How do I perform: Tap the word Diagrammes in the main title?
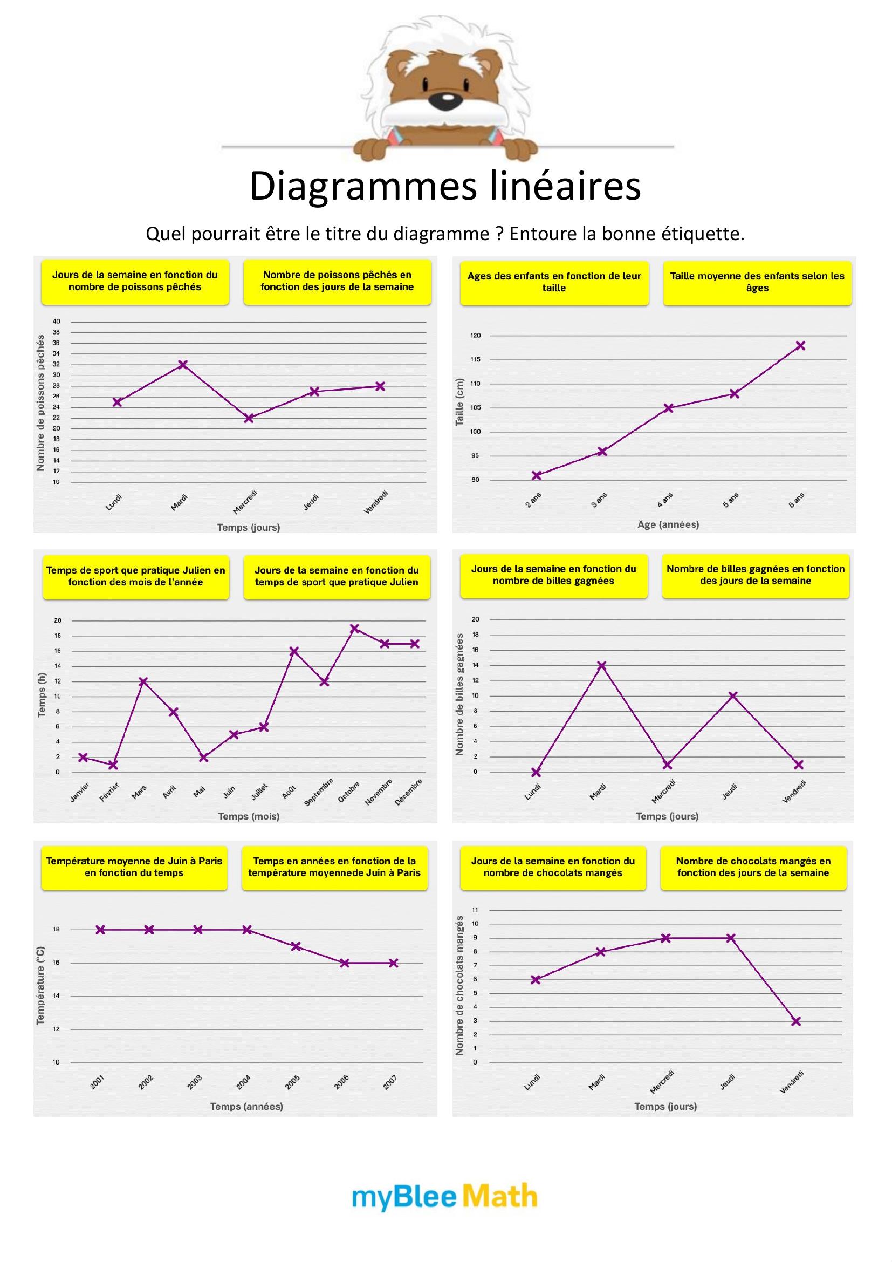tap(363, 186)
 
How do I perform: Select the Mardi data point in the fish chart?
tap(183, 364)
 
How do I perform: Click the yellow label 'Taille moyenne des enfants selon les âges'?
tap(757, 283)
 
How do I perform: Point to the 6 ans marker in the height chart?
tap(800, 346)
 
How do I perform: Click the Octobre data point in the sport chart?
tap(355, 628)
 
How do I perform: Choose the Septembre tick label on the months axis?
tap(319, 792)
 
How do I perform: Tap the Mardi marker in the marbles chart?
tap(601, 666)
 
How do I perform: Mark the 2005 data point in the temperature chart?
tap(296, 946)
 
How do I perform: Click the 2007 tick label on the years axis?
tap(390, 1082)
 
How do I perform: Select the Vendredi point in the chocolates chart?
tap(796, 1021)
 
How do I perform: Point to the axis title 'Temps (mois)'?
tap(249, 816)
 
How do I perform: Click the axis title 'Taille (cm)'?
tap(459, 402)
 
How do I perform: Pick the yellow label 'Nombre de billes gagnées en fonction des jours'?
tap(755, 575)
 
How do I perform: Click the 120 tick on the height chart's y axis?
tap(475, 335)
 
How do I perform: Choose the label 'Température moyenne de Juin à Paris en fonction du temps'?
tap(134, 867)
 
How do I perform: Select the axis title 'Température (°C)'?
tap(40, 986)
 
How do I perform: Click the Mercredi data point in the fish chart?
tap(249, 418)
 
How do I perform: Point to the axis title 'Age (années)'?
tap(668, 524)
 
